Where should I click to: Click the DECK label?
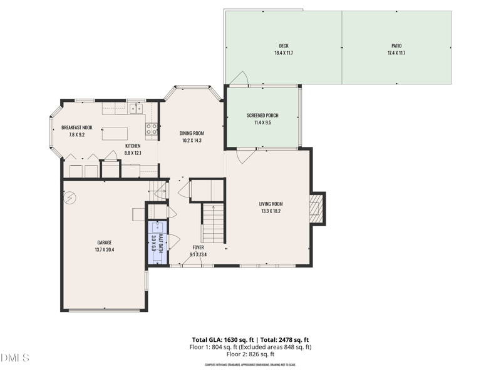[x=284, y=46]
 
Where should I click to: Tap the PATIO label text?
[x=396, y=46]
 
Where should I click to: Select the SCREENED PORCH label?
[x=262, y=116]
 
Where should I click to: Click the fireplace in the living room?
[x=318, y=209]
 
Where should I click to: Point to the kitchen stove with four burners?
[x=152, y=129]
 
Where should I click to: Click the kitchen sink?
[x=136, y=109]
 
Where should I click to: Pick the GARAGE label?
[x=104, y=242]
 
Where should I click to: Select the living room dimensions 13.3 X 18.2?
[x=271, y=211]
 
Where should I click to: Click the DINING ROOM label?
[x=192, y=133]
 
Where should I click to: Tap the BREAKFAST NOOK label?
[x=76, y=127]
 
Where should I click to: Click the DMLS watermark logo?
[x=16, y=358]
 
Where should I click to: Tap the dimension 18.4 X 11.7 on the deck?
[x=284, y=53]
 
